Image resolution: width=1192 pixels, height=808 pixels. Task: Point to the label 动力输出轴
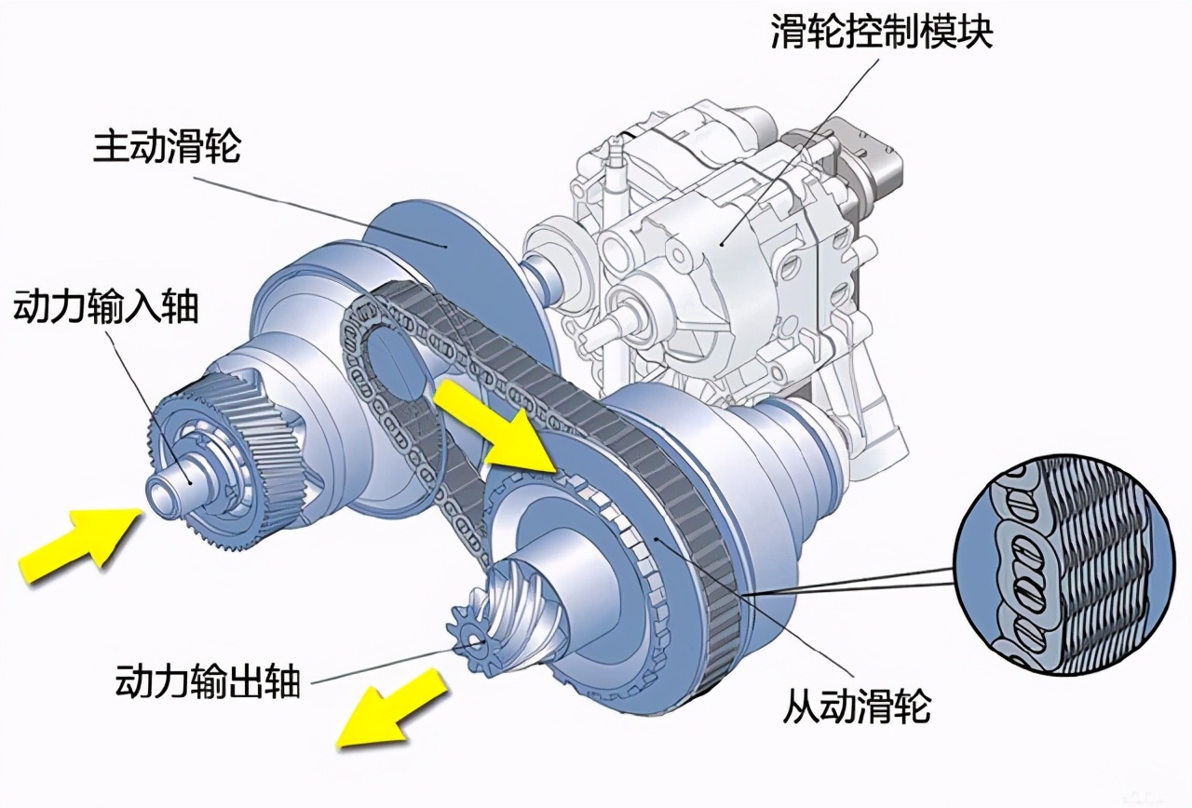point(207,683)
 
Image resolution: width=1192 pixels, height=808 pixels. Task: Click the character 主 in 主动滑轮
point(111,147)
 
